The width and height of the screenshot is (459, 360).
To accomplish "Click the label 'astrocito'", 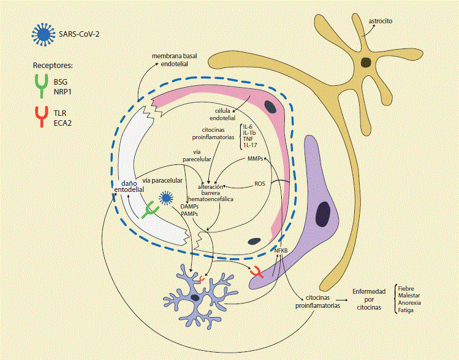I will pos(381,21).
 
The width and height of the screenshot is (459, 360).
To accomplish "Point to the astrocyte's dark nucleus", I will pos(366,61).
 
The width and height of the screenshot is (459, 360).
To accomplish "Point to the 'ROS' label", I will pos(260,183).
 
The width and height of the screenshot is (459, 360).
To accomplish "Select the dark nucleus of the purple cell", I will pos(323,213).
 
